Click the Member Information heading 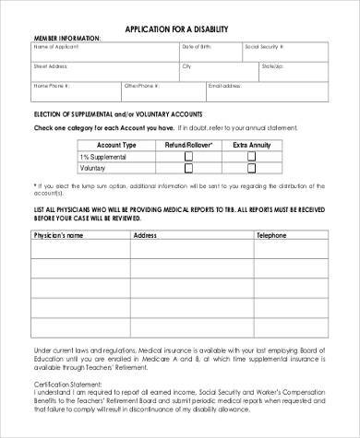click(67, 38)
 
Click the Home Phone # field click(75, 92)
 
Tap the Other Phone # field click(162, 92)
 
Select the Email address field click(269, 92)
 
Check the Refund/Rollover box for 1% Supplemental click(189, 157)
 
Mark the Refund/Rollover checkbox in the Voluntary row click(189, 169)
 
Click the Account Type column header click(117, 145)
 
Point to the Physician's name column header click(58, 236)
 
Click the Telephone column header click(271, 236)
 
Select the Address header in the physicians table click(145, 236)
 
